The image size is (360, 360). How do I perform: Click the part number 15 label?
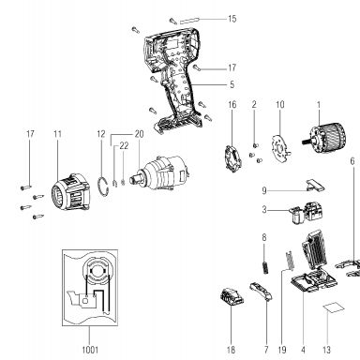click(x=232, y=19)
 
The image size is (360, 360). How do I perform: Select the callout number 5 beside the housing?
click(x=232, y=84)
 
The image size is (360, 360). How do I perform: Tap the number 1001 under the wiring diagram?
click(x=90, y=350)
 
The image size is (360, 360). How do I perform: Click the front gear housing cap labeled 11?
click(x=70, y=191)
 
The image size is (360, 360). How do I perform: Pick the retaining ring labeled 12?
click(x=104, y=187)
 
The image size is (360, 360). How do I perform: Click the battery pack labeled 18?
click(x=232, y=297)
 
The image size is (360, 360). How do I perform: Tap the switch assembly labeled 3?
click(x=305, y=213)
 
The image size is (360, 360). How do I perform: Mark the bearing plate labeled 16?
click(x=232, y=158)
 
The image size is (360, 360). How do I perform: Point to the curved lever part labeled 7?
click(x=262, y=291)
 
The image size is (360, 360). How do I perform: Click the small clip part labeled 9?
click(x=315, y=185)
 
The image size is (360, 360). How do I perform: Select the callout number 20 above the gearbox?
click(x=140, y=134)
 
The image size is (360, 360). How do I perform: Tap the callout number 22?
click(x=124, y=146)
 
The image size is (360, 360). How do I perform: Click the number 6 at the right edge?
click(x=352, y=161)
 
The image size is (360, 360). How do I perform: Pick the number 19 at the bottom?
click(x=282, y=350)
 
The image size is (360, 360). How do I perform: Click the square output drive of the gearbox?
click(x=137, y=180)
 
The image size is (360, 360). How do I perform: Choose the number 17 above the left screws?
click(x=30, y=134)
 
